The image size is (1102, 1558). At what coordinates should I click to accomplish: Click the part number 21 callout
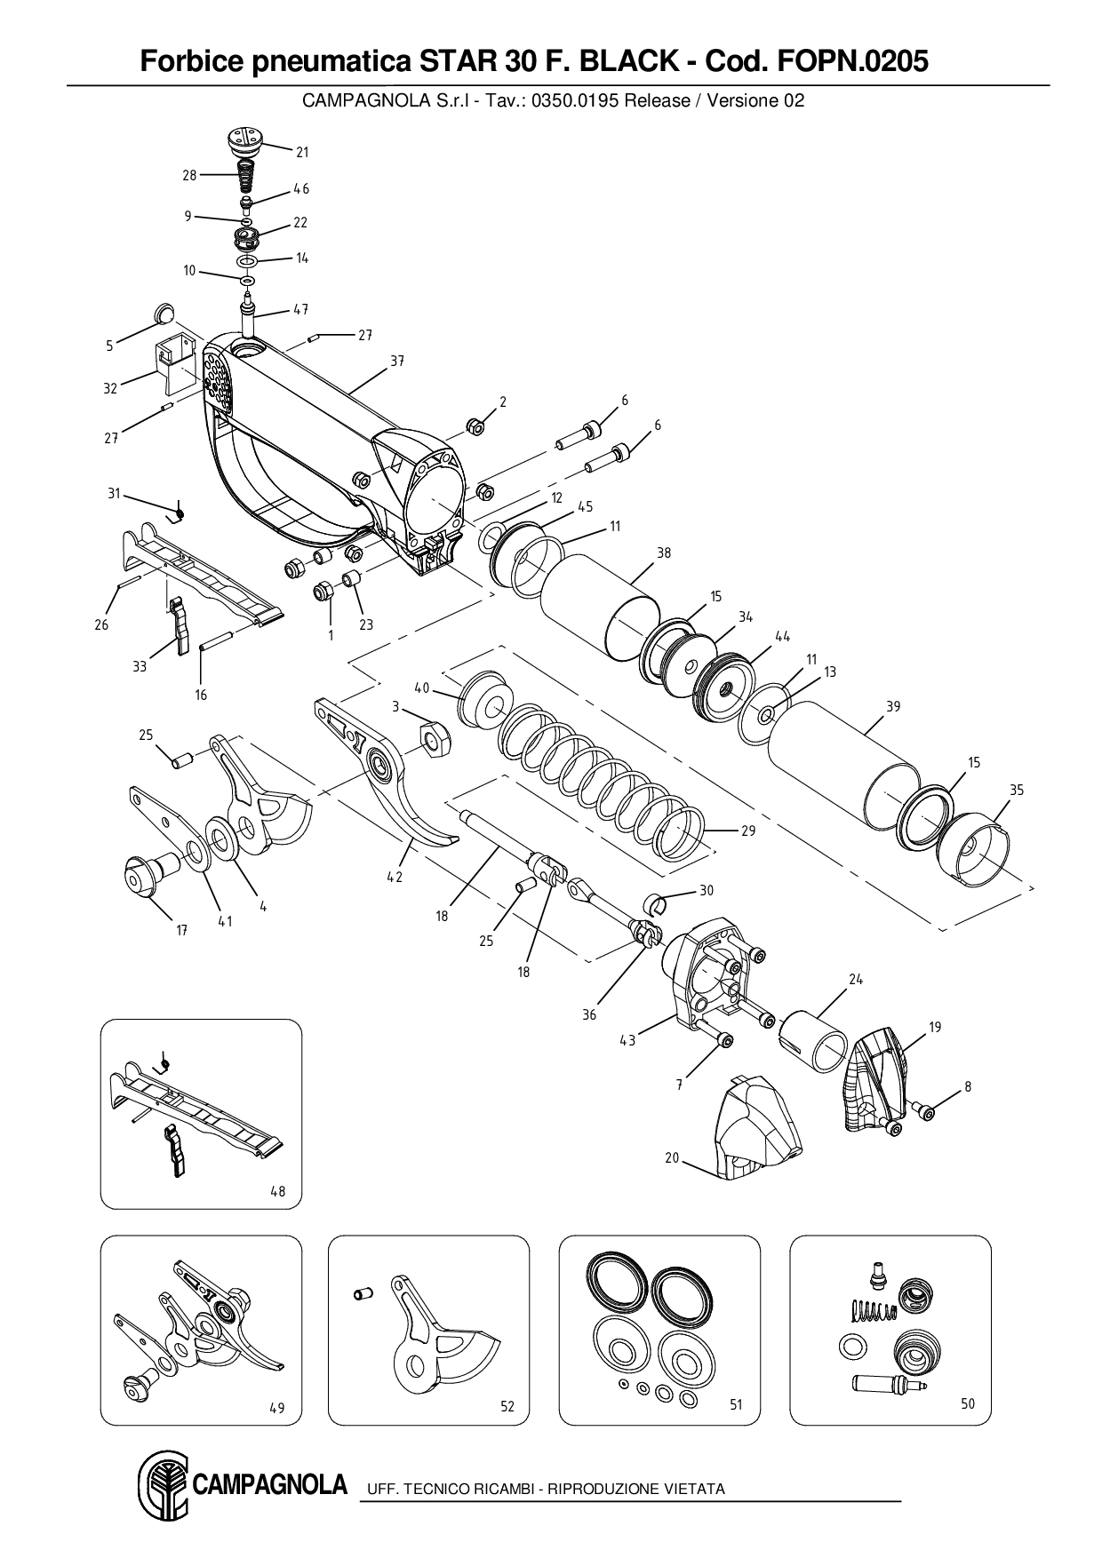click(x=302, y=152)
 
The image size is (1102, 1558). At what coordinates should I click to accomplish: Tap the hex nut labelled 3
click(x=434, y=738)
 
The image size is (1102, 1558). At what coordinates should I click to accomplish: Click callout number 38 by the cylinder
click(x=664, y=552)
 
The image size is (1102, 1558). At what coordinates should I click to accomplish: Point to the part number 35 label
click(x=1017, y=790)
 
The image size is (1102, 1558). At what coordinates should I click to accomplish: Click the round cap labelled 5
click(x=164, y=313)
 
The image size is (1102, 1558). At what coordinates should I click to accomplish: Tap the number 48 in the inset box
click(x=278, y=1191)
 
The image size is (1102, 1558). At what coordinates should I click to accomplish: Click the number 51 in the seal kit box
click(x=736, y=1404)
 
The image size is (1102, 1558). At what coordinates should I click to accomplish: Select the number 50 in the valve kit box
click(x=968, y=1403)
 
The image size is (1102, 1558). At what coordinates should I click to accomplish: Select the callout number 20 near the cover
click(x=672, y=1157)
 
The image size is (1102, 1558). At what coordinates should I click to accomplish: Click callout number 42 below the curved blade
click(x=395, y=877)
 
